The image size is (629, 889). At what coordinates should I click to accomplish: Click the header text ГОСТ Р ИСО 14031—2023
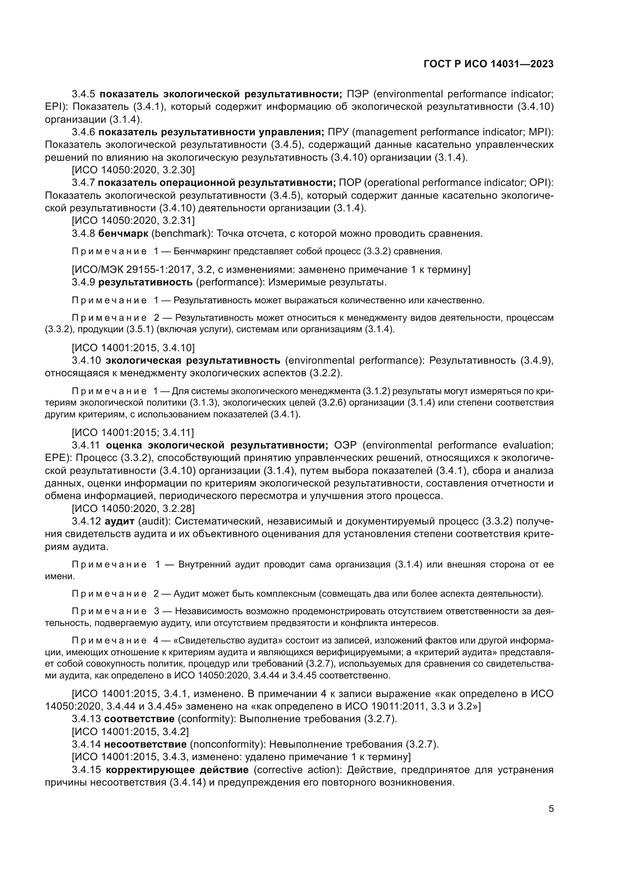pos(488,64)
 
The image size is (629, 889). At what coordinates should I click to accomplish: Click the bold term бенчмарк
pos(123,233)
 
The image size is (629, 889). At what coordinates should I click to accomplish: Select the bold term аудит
pos(119,521)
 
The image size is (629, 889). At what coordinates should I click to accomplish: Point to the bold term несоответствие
pos(145,744)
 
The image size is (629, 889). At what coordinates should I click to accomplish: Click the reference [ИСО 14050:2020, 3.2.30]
pos(133,170)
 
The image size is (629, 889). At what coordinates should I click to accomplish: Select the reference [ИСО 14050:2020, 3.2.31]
pos(133,221)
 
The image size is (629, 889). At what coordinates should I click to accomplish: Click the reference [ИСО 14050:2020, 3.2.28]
pos(133,509)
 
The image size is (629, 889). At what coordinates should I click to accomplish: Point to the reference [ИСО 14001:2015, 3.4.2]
pos(130,731)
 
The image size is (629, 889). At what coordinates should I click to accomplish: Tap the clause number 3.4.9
pos(83,282)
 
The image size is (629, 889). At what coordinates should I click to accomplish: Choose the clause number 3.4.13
pos(86,719)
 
